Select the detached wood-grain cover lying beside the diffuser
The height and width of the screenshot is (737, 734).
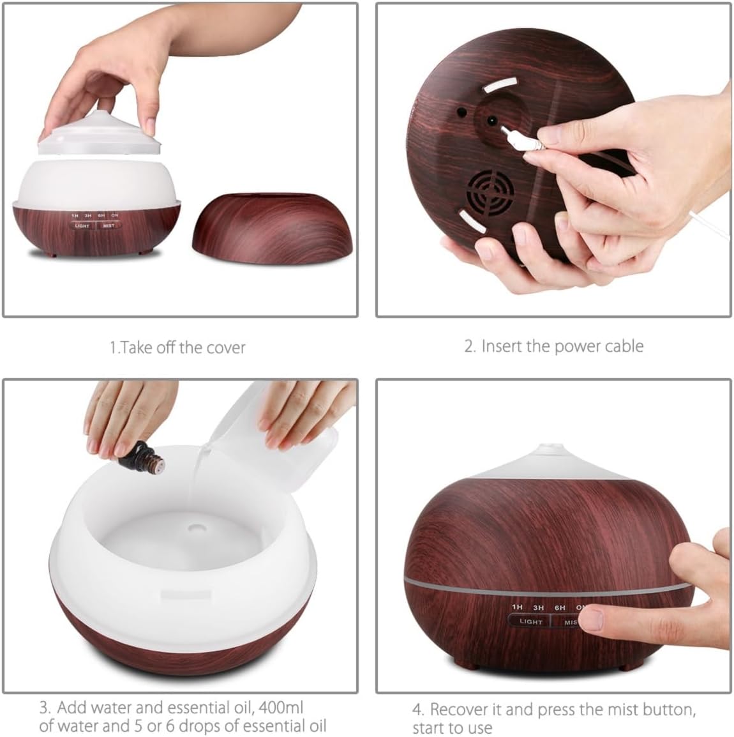click(x=273, y=228)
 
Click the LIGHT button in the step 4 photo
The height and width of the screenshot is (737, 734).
click(x=530, y=621)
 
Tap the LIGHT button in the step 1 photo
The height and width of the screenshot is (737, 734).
click(x=82, y=225)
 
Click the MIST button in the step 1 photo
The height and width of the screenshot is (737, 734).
click(x=109, y=225)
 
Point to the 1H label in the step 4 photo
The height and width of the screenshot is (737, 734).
click(x=517, y=607)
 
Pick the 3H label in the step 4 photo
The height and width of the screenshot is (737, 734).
click(x=538, y=607)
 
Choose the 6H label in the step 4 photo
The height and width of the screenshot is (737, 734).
click(x=560, y=607)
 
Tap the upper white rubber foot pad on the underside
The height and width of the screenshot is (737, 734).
click(x=501, y=85)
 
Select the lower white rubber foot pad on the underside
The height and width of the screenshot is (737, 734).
click(x=472, y=222)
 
